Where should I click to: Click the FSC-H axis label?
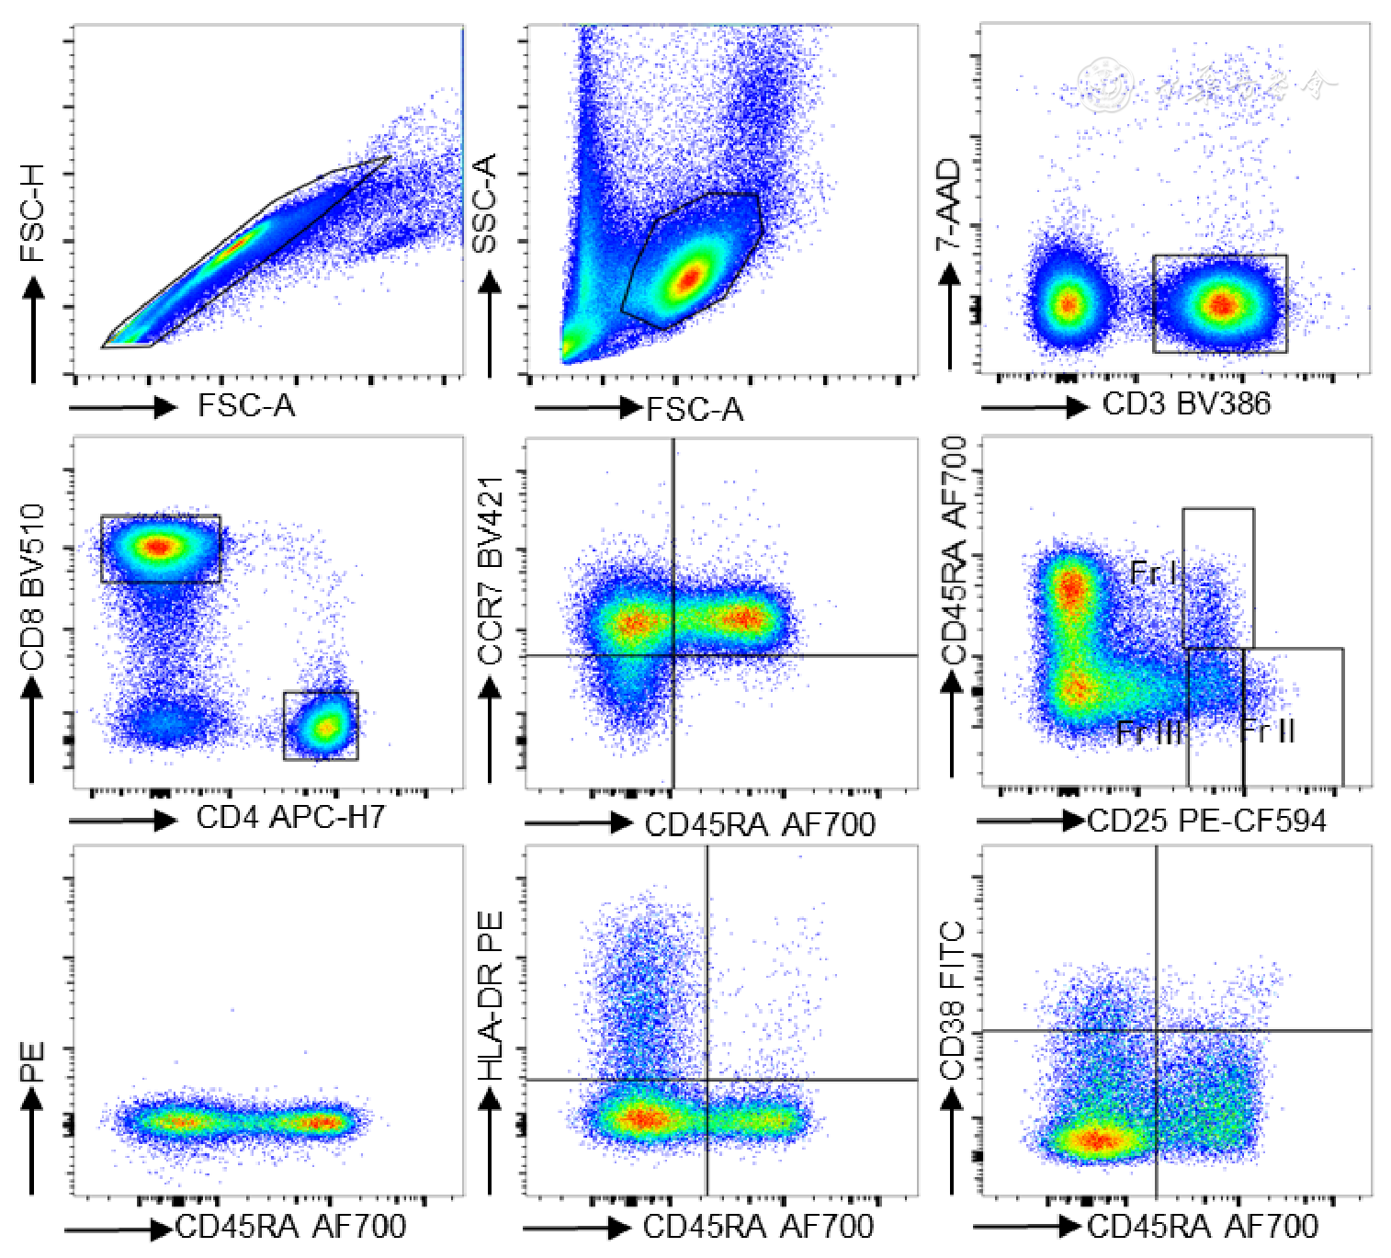point(32,225)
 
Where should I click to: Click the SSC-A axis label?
point(484,204)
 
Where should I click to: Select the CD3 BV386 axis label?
point(1186,403)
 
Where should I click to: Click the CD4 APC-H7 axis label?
point(290,817)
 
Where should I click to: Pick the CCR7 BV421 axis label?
point(491,570)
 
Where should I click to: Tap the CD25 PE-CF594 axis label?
point(1206,821)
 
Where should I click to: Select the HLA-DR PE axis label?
point(491,995)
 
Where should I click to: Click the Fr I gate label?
point(1152,573)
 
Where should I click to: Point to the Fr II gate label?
point(1268,731)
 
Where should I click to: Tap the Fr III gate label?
point(1148,732)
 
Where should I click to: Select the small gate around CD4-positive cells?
point(321,726)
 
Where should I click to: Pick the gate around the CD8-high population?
point(161,549)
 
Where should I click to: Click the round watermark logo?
point(1106,85)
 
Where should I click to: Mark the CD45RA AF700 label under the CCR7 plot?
point(760,824)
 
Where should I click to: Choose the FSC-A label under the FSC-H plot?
point(246,405)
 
